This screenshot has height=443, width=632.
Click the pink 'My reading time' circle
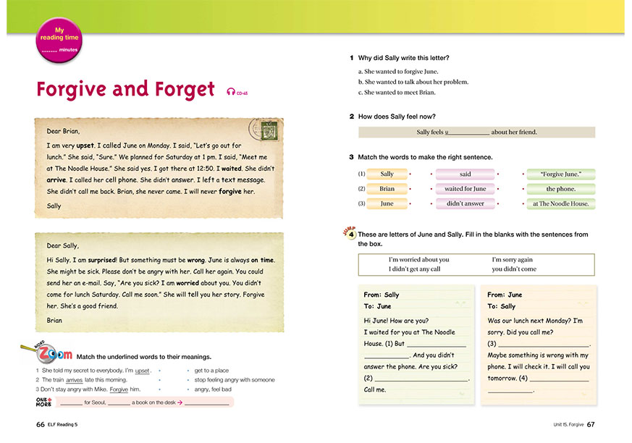pyautogui.click(x=59, y=40)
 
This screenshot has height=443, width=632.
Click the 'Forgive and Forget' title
pyautogui.click(x=125, y=89)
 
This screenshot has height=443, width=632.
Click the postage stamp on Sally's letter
pyautogui.click(x=263, y=132)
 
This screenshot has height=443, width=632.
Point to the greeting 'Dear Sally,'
pyautogui.click(x=63, y=245)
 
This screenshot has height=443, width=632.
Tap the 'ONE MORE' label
pyautogui.click(x=43, y=402)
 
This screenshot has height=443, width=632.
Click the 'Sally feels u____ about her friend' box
pyautogui.click(x=476, y=132)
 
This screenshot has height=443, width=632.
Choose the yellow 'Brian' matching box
pyautogui.click(x=387, y=189)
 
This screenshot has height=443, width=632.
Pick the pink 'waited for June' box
pyautogui.click(x=465, y=189)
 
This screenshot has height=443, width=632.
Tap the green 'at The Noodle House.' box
pyautogui.click(x=560, y=204)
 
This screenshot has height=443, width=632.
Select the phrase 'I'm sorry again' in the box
pyautogui.click(x=512, y=260)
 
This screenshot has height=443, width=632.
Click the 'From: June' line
pyautogui.click(x=505, y=295)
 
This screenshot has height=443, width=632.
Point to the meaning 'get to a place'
pyautogui.click(x=211, y=370)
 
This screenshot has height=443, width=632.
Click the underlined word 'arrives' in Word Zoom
pyautogui.click(x=74, y=379)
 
